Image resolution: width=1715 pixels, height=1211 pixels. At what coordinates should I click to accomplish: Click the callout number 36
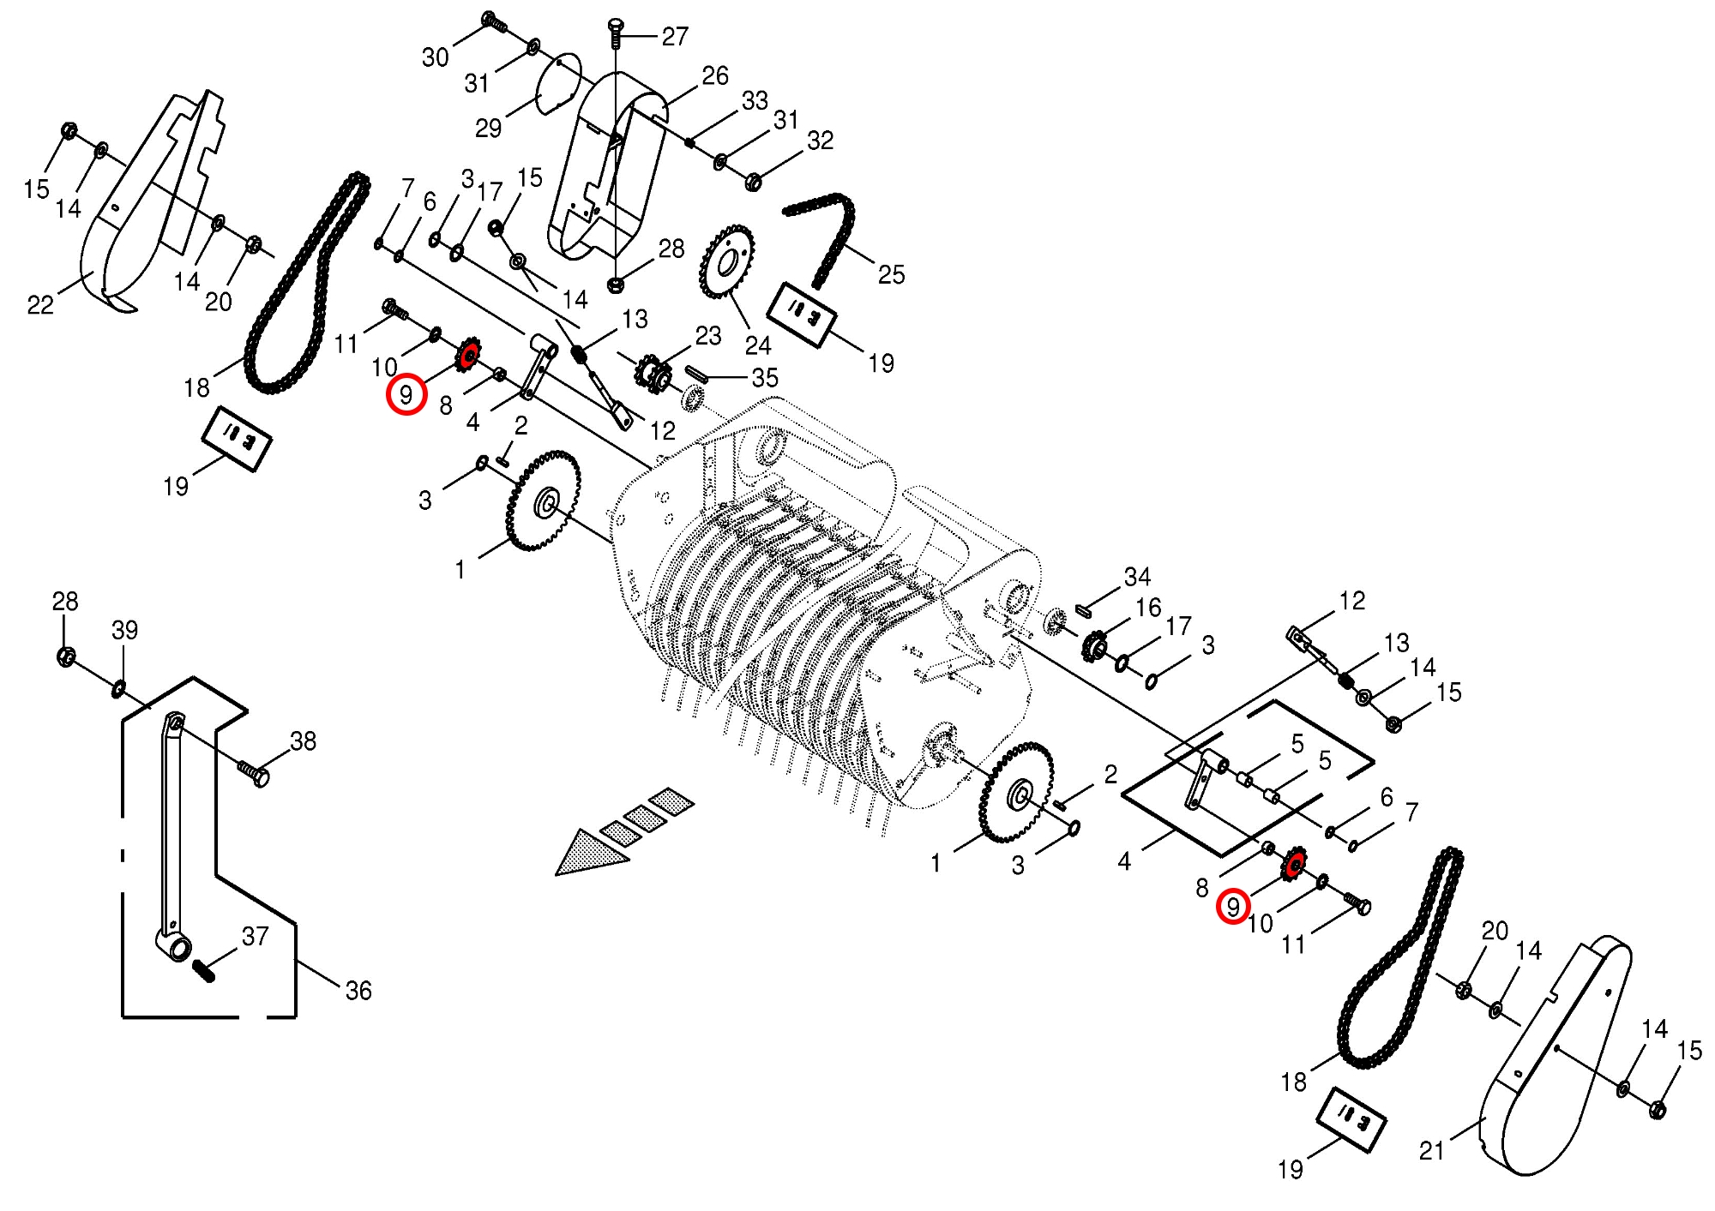point(358,991)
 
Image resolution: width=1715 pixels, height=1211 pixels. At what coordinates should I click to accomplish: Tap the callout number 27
point(675,36)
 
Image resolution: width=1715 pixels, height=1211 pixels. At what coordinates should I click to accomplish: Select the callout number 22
point(40,304)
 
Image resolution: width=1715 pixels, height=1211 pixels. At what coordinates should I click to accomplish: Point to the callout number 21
point(1432,1150)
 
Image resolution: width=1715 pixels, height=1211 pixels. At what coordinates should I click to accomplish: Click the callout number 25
point(891,274)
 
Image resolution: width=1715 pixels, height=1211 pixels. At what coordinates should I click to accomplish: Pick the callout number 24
point(758,345)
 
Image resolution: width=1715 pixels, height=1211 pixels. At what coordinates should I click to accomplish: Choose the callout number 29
point(488,128)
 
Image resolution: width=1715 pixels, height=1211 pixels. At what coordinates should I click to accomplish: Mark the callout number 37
point(255,936)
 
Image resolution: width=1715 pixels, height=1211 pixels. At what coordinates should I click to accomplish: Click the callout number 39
point(124,630)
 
